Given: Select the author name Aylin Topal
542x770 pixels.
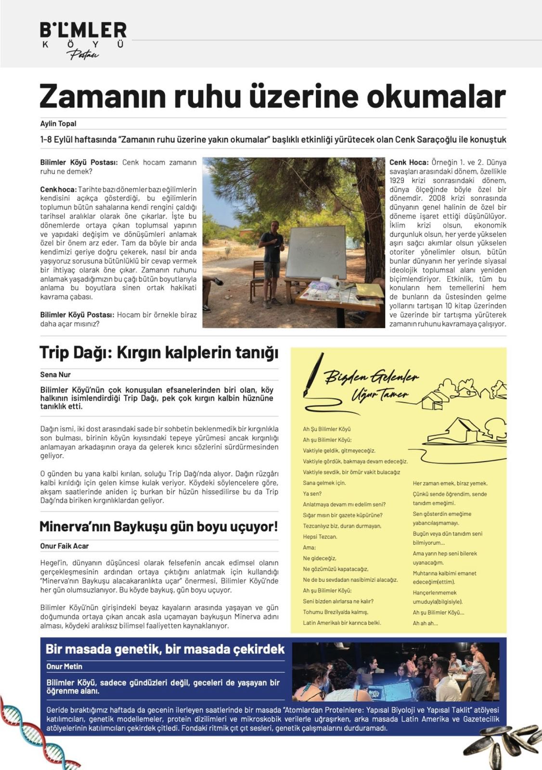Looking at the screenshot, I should [58, 124].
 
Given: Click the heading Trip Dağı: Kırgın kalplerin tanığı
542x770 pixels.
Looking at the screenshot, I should [159, 353].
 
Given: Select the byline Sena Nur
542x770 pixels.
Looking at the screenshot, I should [55, 374].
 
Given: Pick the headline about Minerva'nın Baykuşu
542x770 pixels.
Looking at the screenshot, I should [159, 526].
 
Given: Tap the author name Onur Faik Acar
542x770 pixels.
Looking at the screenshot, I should [65, 546].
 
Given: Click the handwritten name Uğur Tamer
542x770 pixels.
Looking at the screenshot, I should [380, 394].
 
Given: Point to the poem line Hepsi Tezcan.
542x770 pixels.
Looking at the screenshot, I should [320, 537].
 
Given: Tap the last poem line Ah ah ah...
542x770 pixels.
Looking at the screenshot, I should [425, 623].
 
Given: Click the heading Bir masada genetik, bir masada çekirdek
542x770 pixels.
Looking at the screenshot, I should [165, 649].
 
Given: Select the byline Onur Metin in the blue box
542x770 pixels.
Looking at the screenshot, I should [65, 667].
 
